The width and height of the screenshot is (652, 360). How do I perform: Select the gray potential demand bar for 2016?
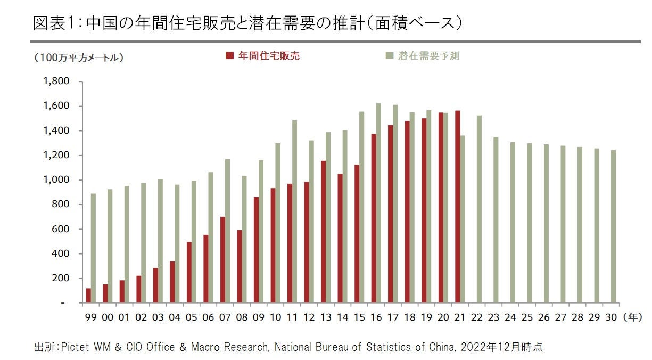click(378, 203)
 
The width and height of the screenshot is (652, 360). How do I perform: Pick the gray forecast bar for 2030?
click(613, 226)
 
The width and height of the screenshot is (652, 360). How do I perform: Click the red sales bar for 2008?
click(239, 266)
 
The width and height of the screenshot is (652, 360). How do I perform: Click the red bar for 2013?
click(323, 232)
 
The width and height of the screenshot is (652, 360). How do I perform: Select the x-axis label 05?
click(192, 317)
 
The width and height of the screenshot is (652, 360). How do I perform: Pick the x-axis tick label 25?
click(527, 317)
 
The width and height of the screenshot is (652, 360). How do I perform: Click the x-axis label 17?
click(393, 317)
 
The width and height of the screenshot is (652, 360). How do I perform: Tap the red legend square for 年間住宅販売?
click(230, 56)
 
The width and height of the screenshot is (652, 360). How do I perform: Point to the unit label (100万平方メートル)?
click(78, 58)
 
